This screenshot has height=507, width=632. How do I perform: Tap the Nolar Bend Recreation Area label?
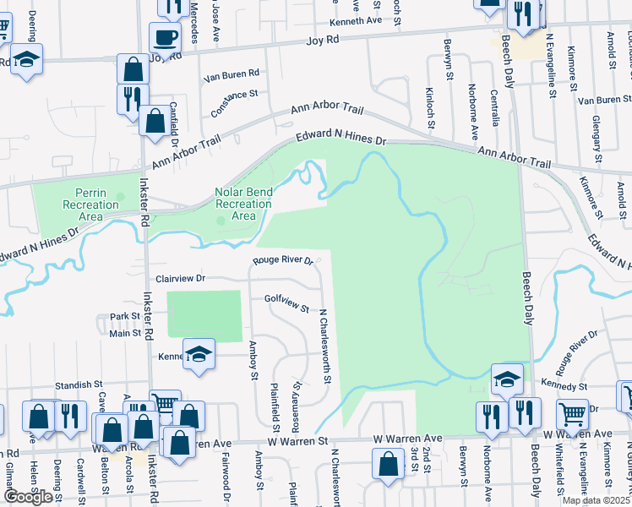coord(243,204)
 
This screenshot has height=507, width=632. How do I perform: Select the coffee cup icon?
coord(165,38)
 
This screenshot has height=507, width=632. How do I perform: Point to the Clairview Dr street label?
coord(181,278)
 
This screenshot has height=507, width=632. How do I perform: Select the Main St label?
coord(125,333)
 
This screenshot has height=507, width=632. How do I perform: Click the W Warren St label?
coord(297,440)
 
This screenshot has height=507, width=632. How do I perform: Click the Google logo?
coord(28,496)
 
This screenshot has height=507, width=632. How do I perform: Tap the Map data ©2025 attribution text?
coord(596,500)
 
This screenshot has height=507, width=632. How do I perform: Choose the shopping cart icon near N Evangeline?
coord(573,414)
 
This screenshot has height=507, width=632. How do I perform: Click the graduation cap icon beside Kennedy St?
coord(507,379)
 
